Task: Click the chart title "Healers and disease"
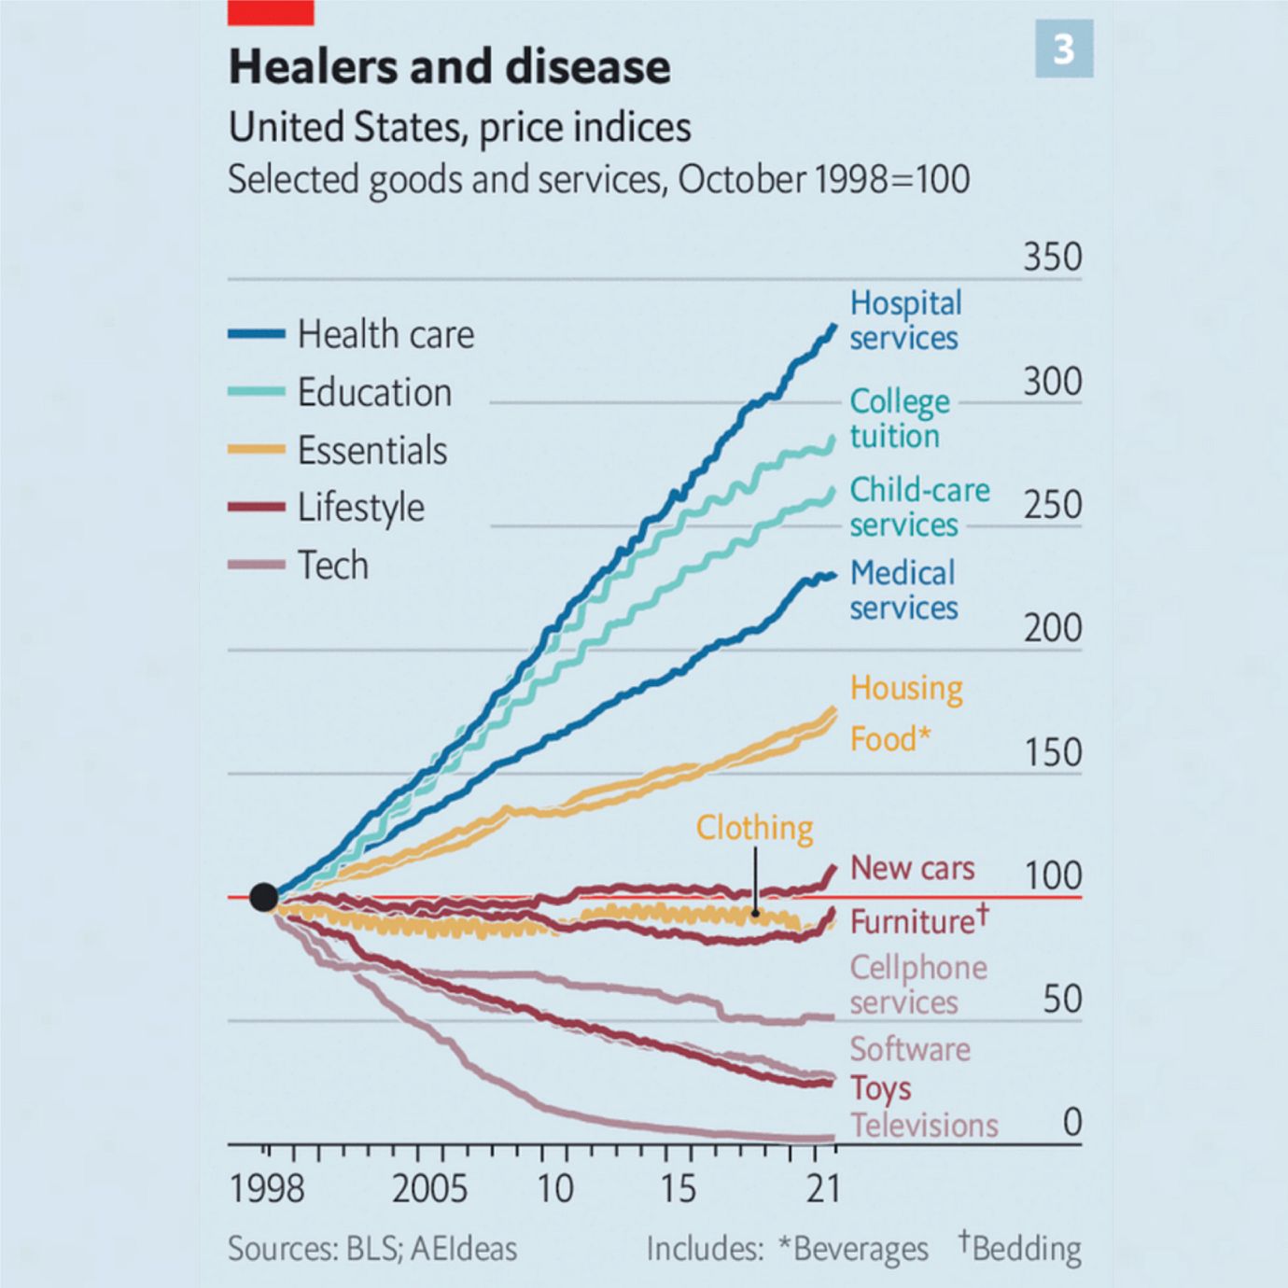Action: (449, 67)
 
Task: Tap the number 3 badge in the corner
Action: (1063, 49)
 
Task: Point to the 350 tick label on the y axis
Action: (1052, 258)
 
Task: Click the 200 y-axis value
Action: (1052, 629)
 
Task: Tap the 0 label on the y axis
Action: (1072, 1122)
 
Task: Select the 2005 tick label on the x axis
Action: (429, 1189)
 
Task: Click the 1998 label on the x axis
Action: (267, 1189)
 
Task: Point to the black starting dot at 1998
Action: (264, 897)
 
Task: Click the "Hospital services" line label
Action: (904, 320)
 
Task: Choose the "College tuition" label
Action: (899, 418)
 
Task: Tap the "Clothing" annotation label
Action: (754, 828)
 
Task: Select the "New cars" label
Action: (912, 868)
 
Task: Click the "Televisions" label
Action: (923, 1126)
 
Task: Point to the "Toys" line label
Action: (880, 1088)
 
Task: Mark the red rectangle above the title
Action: (271, 12)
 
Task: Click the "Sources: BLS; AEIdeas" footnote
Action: (371, 1249)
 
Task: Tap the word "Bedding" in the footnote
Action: (1026, 1249)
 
